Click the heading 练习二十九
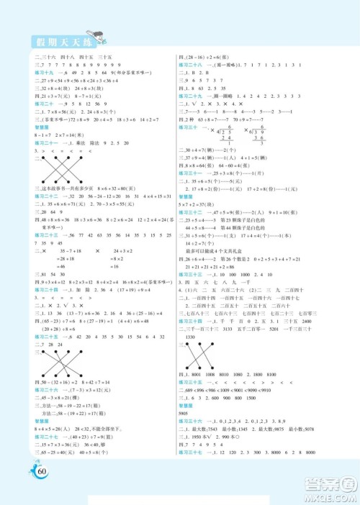190,95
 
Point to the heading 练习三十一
190,173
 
